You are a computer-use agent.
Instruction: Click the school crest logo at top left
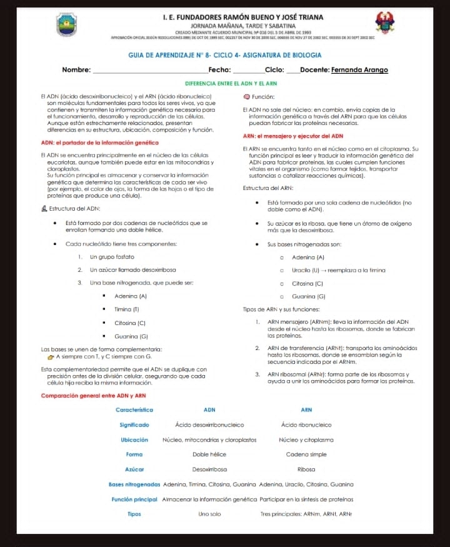coord(66,24)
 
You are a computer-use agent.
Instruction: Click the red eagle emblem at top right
coord(384,23)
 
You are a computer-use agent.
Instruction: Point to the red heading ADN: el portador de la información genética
coord(99,143)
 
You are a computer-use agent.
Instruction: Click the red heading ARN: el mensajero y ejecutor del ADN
coord(292,136)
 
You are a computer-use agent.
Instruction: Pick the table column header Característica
coord(134,409)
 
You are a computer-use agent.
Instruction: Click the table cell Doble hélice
coord(209,454)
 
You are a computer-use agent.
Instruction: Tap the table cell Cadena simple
coord(306,454)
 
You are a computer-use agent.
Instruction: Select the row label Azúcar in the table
coord(134,469)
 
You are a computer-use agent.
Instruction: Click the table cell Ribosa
coord(306,469)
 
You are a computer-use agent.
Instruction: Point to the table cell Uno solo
coord(209,514)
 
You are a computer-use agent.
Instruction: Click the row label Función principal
coord(134,499)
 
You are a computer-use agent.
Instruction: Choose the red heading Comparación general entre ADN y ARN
coord(93,395)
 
